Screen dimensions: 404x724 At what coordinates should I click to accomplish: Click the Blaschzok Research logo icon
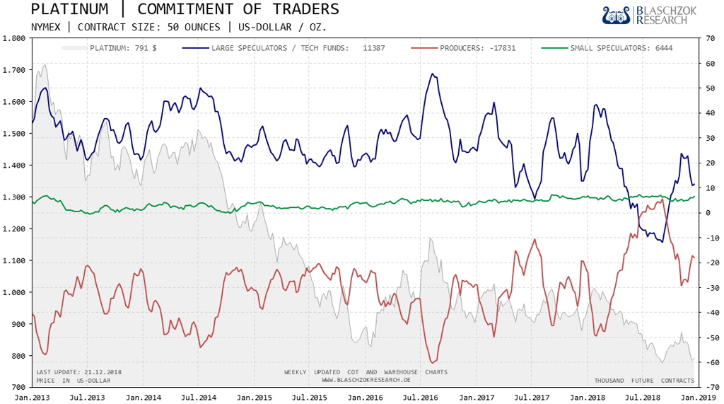tap(617, 16)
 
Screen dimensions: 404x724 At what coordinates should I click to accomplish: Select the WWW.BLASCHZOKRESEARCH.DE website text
tap(366, 380)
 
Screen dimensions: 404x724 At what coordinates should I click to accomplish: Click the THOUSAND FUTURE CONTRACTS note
tap(644, 381)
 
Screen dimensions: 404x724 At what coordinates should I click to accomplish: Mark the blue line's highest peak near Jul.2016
tap(432, 74)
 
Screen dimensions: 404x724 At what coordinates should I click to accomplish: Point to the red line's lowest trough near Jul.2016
tap(432, 363)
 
